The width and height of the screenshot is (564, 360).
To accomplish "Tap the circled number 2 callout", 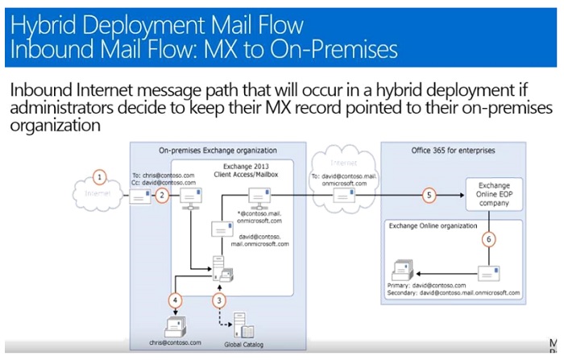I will (162, 195).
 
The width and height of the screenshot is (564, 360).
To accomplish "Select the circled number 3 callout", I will (218, 300).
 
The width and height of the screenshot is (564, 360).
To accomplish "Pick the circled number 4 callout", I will (174, 300).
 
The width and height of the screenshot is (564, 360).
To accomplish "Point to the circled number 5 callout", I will (429, 195).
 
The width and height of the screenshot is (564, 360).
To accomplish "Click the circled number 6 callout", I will (487, 239).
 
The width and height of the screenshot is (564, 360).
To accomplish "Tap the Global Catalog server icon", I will (241, 324).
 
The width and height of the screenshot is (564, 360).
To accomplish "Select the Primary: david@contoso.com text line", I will (427, 285).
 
